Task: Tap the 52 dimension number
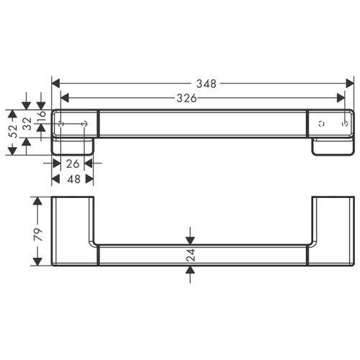click(x=12, y=130)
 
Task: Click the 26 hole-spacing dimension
click(x=72, y=163)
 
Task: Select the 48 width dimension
click(x=72, y=179)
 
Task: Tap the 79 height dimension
click(x=37, y=234)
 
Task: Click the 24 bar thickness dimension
click(x=191, y=254)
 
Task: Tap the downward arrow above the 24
click(x=191, y=239)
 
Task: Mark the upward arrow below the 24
click(x=191, y=271)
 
